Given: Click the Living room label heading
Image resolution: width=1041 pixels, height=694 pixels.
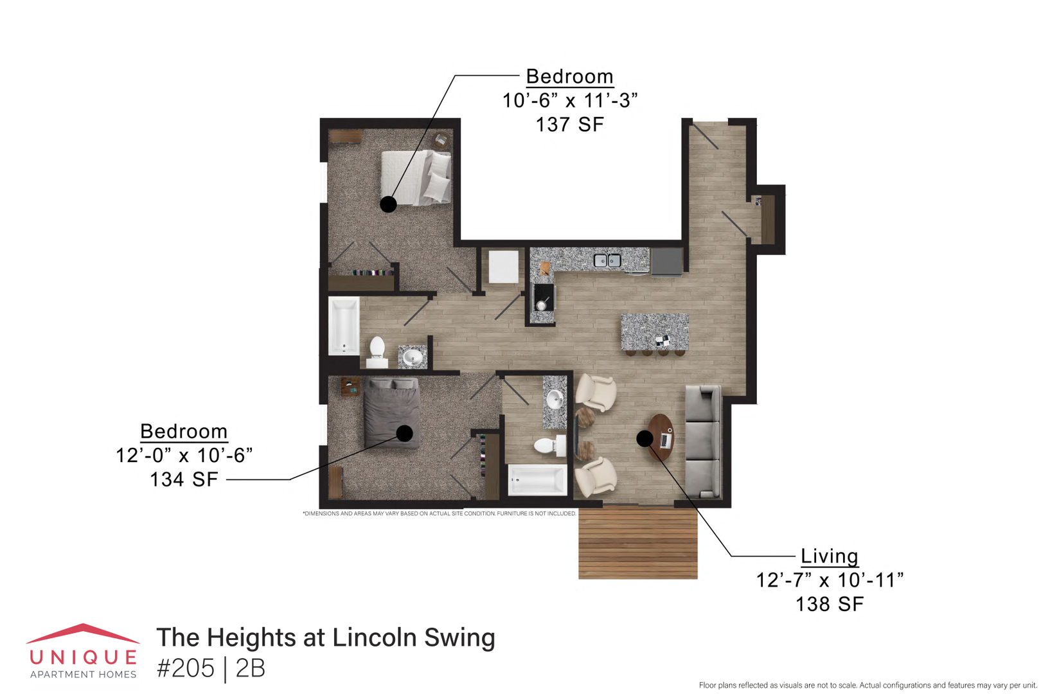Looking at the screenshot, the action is point(829,556).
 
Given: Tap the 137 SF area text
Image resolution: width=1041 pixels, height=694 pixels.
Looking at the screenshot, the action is point(570,125).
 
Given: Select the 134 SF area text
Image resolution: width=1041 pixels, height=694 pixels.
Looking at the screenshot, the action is point(184,479).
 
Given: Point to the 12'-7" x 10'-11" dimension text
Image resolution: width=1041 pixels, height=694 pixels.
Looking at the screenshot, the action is point(830,580).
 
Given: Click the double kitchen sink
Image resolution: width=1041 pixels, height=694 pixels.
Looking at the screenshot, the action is point(607,261).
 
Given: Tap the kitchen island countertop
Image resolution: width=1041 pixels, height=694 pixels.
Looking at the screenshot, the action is point(655,332).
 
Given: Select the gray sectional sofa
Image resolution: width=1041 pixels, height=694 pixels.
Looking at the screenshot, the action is point(703,441).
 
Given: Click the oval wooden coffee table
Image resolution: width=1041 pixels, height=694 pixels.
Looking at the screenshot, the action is point(661,438).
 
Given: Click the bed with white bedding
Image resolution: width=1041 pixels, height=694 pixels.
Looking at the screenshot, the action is point(416,177).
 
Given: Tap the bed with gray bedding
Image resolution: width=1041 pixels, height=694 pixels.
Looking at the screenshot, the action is point(391,413).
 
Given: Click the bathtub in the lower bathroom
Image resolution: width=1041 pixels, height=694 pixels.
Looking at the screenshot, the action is point(537,479).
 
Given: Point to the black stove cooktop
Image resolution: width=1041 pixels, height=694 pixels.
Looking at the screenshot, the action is point(543,297).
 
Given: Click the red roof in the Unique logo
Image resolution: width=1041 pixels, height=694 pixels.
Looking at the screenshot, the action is point(83,634).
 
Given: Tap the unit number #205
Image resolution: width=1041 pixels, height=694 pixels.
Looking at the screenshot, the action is point(186,668).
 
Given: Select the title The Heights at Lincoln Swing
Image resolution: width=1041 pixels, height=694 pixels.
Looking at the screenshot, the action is point(326,637).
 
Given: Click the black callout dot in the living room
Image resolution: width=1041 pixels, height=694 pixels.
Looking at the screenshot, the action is point(645,438).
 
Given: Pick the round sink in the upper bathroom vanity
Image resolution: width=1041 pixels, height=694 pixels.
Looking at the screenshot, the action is point(413,357).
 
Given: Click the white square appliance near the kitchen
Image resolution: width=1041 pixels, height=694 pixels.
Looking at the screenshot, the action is point(503,266).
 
